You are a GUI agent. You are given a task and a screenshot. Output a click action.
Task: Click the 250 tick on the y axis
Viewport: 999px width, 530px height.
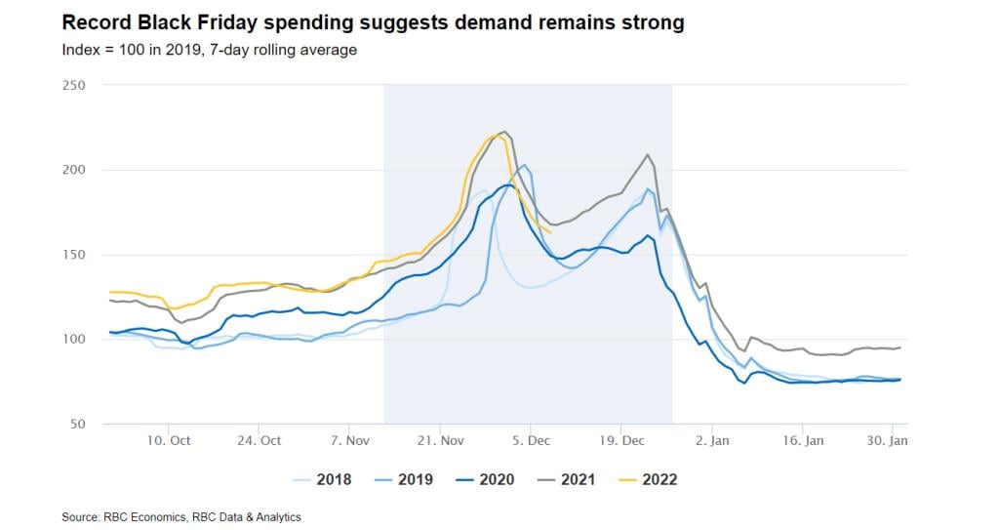pos(74,85)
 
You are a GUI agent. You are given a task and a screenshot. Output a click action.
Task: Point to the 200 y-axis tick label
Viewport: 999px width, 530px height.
pos(74,170)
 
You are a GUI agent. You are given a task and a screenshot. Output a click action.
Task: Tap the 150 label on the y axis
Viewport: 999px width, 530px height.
pos(74,255)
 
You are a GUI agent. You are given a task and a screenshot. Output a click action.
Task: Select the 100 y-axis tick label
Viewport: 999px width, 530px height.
pos(74,340)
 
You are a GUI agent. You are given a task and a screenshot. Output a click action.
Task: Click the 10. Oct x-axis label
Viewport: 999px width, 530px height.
pos(169,440)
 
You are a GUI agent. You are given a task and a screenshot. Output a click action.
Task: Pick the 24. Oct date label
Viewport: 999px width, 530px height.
pos(259,440)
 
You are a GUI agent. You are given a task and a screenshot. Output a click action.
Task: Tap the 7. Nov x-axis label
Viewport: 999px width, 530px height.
pos(349,440)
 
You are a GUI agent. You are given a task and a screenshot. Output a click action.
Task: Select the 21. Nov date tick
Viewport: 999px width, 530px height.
pos(440,440)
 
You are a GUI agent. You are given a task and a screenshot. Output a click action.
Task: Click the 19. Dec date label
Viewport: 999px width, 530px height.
pos(622,440)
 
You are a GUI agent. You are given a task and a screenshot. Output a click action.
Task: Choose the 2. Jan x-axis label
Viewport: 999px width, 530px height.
pos(712,440)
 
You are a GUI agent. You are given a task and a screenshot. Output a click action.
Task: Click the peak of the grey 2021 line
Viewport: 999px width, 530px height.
pos(503,132)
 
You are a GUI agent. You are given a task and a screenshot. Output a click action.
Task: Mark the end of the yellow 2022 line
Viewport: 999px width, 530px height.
pos(551,232)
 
